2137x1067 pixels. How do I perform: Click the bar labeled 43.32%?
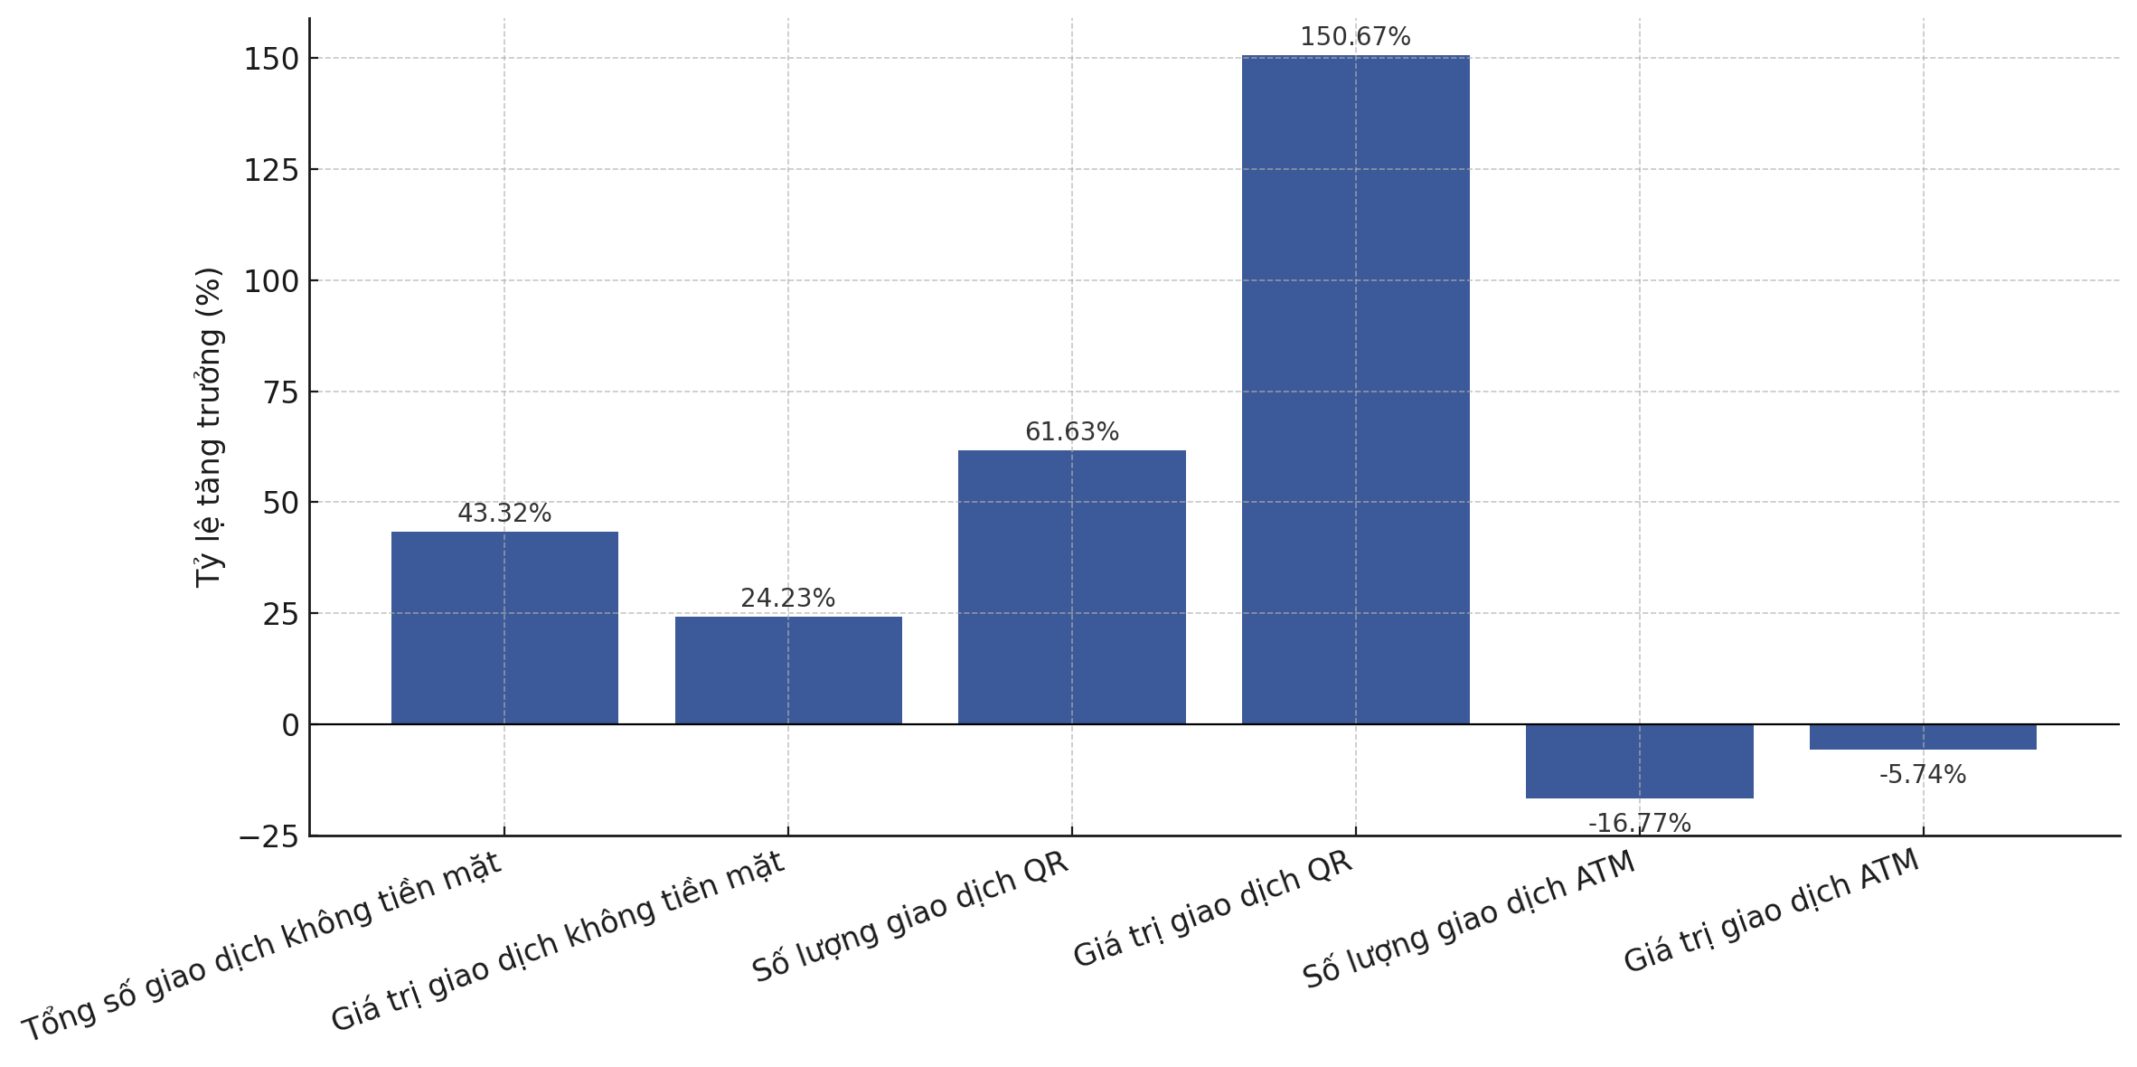pos(504,628)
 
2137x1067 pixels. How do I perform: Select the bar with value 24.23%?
pos(788,670)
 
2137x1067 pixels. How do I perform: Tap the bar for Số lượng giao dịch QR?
pos(1071,587)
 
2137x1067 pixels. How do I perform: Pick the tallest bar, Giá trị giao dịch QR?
pos(1355,389)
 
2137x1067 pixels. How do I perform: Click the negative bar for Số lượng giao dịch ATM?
pos(1639,761)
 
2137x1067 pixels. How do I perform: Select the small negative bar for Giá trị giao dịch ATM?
pos(1923,737)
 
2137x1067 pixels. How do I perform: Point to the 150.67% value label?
pos(1355,37)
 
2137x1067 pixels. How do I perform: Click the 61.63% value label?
pos(1071,432)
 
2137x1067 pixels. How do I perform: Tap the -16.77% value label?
pos(1639,824)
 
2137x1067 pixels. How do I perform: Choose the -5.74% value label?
pos(1923,775)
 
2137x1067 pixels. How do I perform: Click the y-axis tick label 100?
pos(271,281)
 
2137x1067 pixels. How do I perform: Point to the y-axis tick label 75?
pos(280,392)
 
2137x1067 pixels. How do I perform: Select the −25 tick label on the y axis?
pos(268,837)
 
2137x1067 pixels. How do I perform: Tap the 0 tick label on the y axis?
pos(290,725)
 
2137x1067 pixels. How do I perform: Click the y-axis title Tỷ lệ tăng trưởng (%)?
pos(209,427)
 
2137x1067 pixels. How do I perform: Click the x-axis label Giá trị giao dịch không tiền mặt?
pos(558,941)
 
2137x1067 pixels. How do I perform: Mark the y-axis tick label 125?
pos(271,170)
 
